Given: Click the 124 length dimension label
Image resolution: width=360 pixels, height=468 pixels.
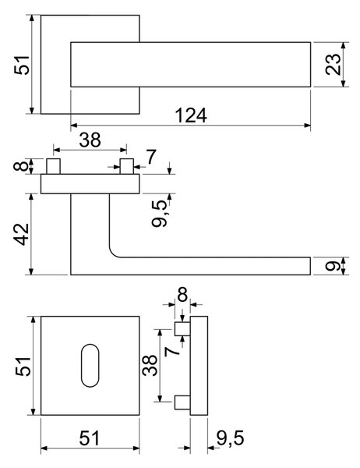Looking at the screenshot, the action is click(191, 115).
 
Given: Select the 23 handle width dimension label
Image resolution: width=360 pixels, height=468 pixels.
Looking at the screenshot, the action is click(333, 64).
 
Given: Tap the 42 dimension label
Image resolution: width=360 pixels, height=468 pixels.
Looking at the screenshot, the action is click(22, 234).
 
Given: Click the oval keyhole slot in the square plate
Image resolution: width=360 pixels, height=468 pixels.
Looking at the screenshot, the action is click(90, 366).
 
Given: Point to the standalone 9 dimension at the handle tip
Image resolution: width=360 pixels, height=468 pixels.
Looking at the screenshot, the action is click(333, 265).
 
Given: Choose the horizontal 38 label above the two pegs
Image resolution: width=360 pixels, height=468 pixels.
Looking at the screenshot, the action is click(90, 140).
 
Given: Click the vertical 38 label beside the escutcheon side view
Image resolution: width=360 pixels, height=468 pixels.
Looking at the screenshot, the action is click(150, 365).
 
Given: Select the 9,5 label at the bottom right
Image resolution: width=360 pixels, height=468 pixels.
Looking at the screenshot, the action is click(230, 438).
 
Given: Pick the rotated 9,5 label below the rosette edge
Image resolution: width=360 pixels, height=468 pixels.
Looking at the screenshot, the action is click(159, 214).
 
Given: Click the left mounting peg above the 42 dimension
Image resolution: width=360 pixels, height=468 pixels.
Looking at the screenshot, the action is click(54, 167).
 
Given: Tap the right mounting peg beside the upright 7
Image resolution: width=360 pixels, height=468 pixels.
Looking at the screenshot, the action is click(126, 167).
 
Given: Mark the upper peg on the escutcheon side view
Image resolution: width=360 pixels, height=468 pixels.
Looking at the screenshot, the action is click(182, 329).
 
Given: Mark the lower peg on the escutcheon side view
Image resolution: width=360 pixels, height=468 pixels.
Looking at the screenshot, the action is click(182, 402).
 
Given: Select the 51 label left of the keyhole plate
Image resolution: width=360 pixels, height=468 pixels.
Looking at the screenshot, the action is click(23, 366).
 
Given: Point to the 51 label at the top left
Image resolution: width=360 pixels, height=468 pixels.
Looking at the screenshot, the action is click(22, 65).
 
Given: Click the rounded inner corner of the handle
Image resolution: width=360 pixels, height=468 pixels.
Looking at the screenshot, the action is click(113, 253).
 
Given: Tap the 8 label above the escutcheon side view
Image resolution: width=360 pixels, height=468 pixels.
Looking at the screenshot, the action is click(182, 295).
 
